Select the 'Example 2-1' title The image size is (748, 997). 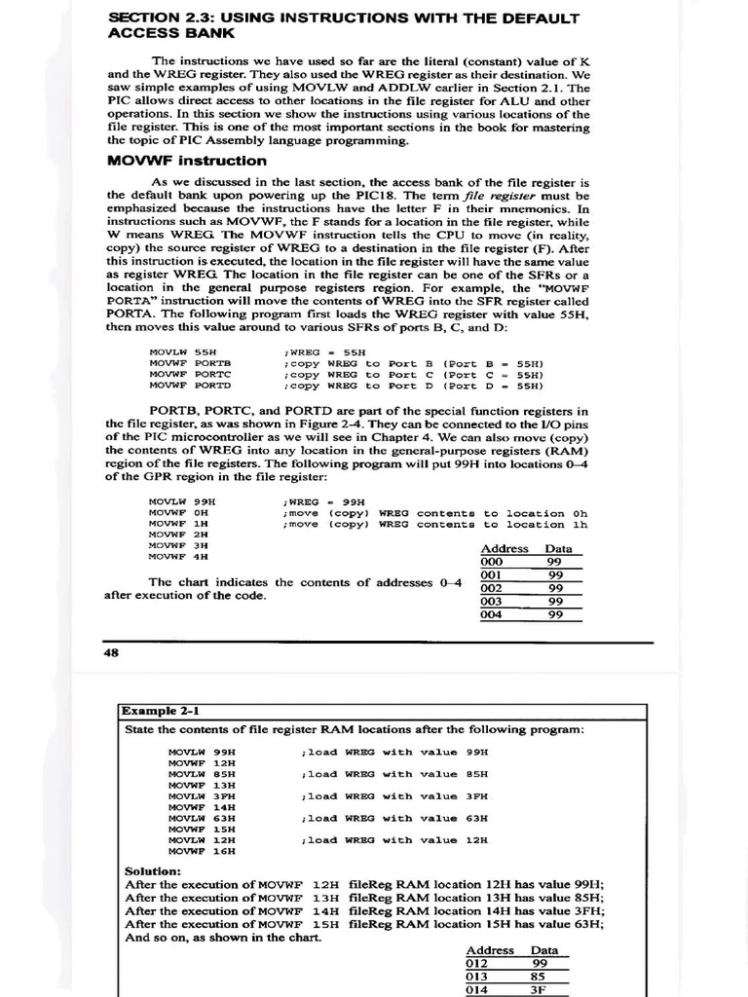[155, 711]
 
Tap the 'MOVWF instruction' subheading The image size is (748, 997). [186, 161]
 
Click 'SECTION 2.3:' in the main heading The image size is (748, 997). [157, 18]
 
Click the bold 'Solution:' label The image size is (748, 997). [153, 870]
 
